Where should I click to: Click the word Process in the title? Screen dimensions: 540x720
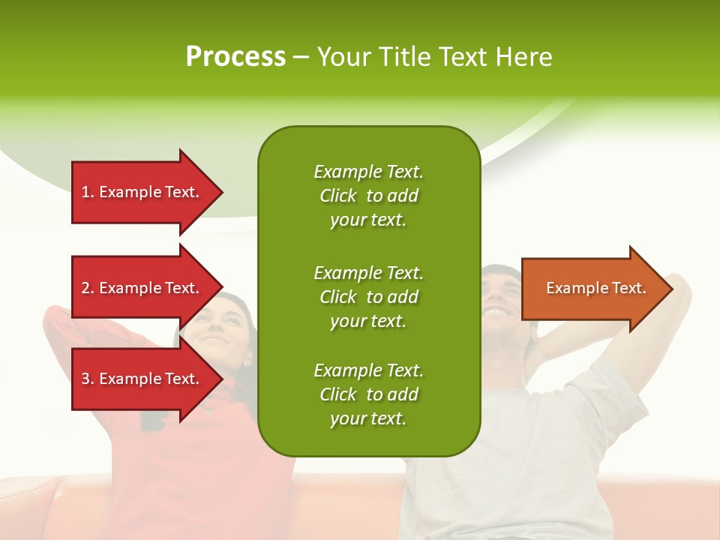235,57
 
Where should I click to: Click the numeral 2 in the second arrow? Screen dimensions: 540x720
85,288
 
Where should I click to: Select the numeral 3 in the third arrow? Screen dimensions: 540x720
85,379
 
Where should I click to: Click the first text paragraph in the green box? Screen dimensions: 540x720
368,196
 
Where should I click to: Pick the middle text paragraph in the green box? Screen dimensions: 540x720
368,297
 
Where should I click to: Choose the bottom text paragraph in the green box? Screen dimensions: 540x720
368,394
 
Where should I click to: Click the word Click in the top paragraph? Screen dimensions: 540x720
337,196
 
